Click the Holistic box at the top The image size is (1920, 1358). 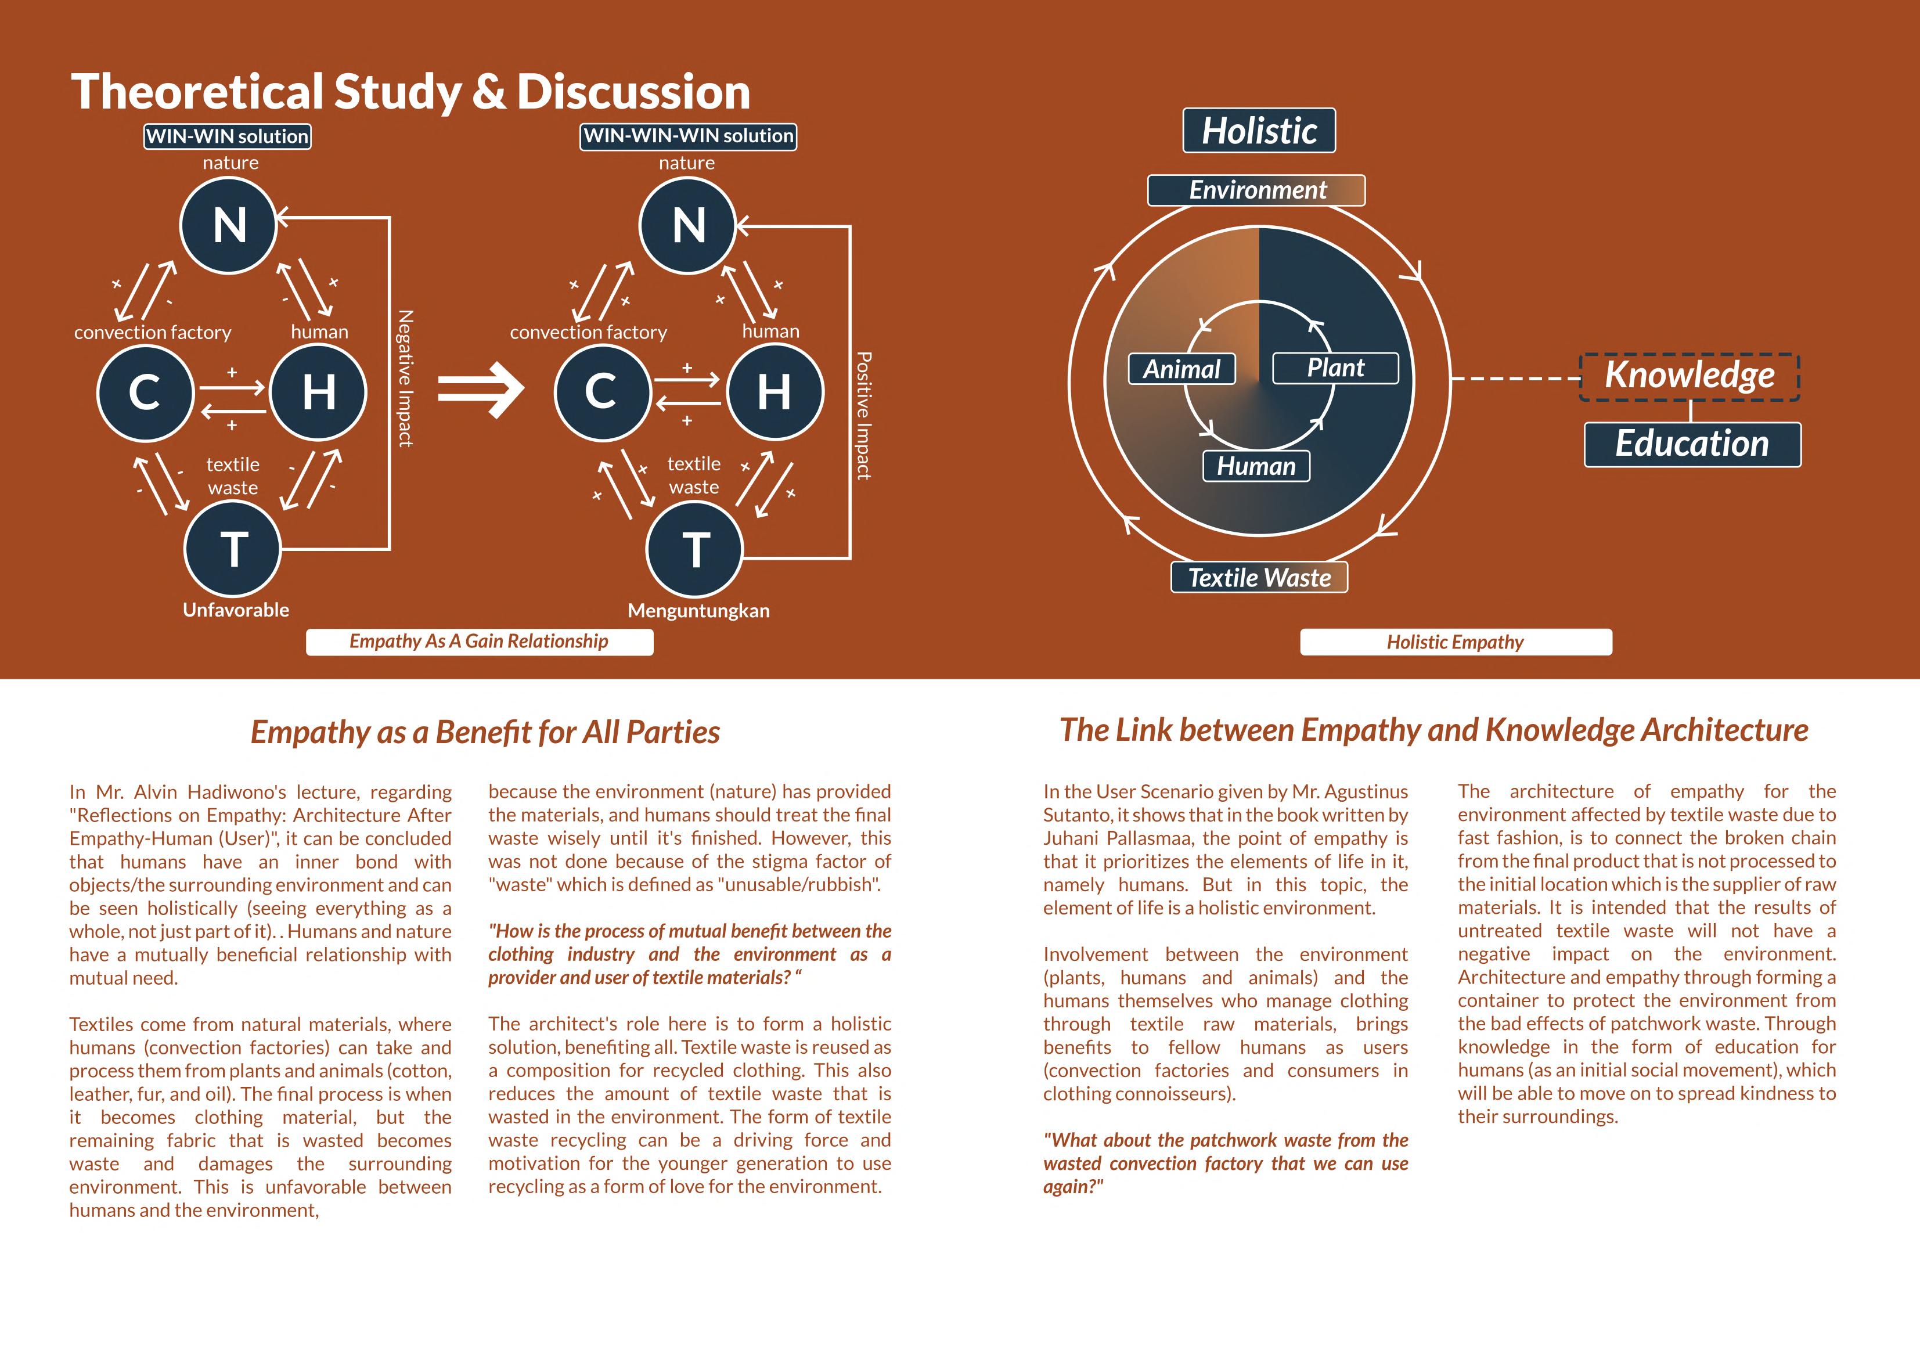point(1259,131)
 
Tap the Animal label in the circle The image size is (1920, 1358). point(1181,369)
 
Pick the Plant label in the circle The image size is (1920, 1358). point(1335,368)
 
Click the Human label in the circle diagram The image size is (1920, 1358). point(1256,466)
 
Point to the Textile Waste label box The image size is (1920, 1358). point(1259,577)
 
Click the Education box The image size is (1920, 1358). point(1692,444)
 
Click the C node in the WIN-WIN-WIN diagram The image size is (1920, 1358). point(601,391)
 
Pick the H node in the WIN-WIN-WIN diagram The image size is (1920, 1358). point(775,391)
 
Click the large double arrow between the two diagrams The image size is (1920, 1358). point(480,389)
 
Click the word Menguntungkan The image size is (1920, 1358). point(698,610)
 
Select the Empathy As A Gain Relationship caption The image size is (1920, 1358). point(479,642)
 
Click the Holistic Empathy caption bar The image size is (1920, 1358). point(1455,642)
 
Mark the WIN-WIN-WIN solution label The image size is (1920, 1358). point(688,136)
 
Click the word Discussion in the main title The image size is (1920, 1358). point(633,91)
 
